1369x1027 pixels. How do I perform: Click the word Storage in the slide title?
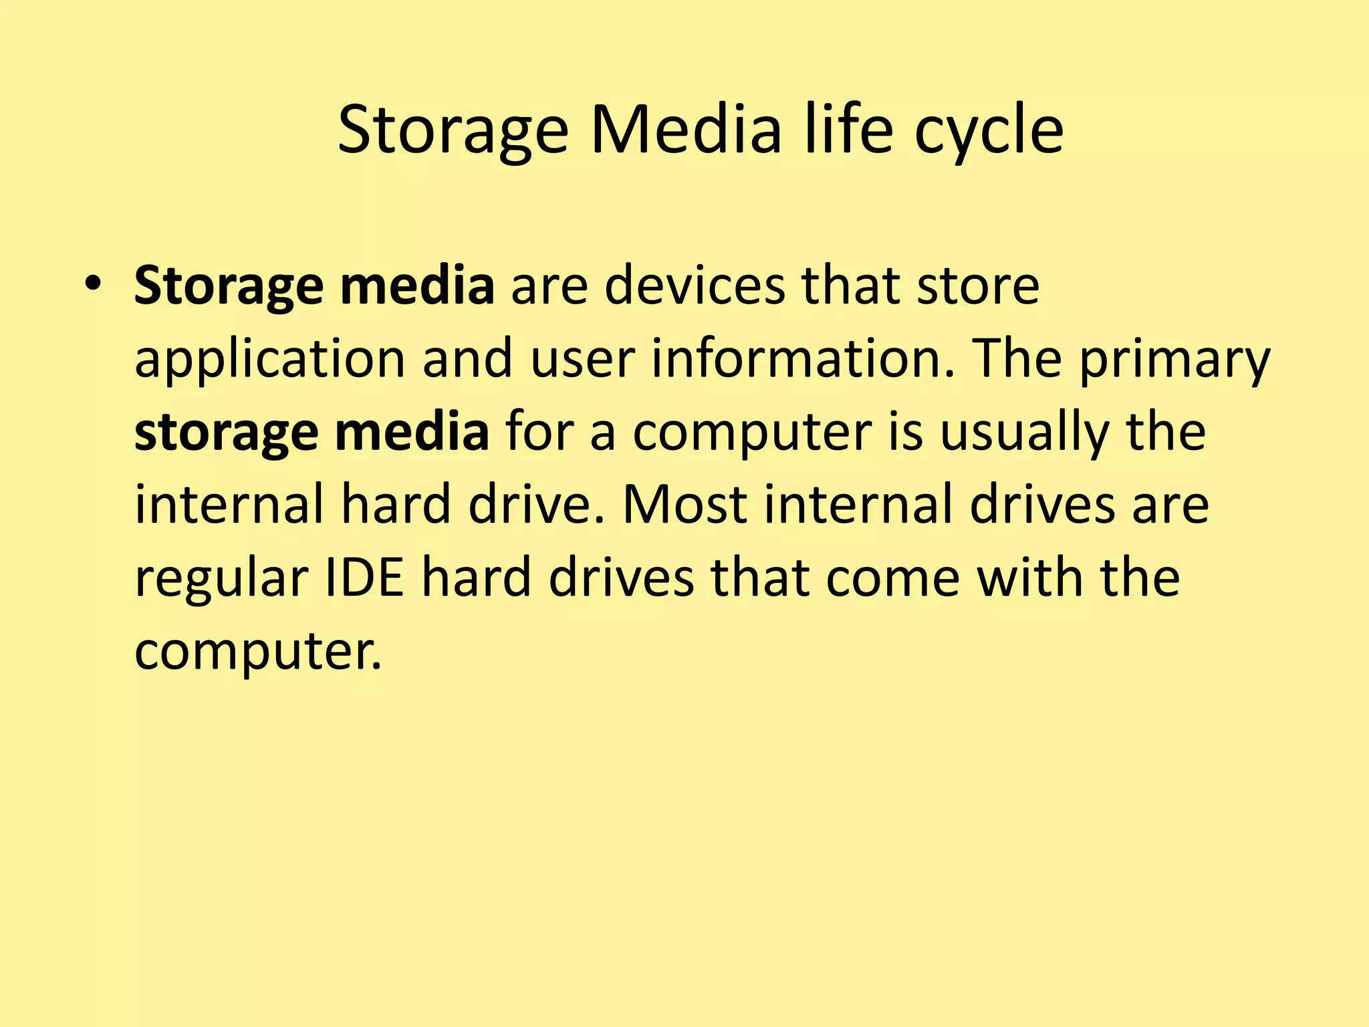tap(453, 130)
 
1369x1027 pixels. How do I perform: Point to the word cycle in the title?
tap(989, 130)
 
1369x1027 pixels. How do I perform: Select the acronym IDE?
tap(364, 578)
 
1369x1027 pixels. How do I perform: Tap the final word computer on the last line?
tap(258, 652)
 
